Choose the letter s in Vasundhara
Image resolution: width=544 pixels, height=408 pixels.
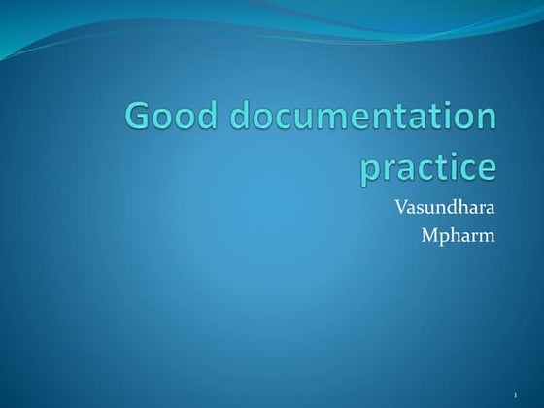pos(424,208)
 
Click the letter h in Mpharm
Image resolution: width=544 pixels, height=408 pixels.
pos(458,233)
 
